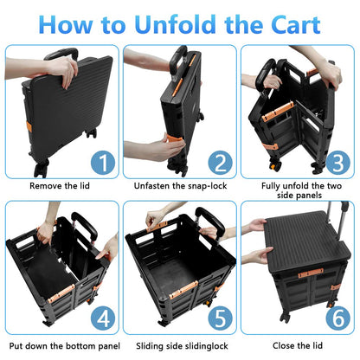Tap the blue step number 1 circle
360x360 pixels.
[102, 162]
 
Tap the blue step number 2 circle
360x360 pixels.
[220, 162]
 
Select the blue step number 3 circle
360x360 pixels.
[336, 162]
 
